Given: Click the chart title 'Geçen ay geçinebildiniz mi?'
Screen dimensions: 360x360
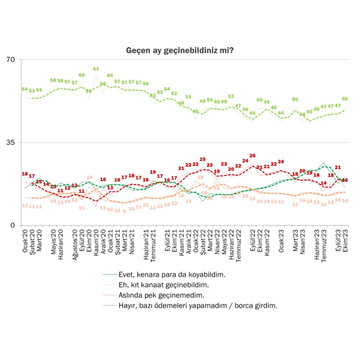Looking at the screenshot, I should [180, 51].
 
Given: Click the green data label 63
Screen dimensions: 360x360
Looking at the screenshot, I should [96, 69].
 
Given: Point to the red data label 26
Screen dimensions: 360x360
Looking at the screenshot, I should [252, 155].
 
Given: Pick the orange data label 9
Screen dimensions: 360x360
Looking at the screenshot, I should [124, 211].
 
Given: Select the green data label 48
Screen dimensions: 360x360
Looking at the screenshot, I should [181, 103].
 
